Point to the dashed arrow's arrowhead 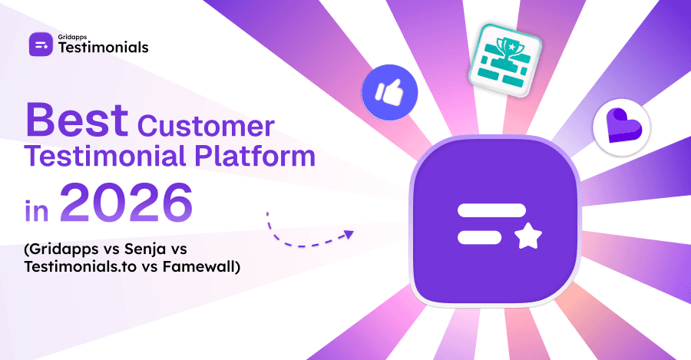pyautogui.click(x=349, y=234)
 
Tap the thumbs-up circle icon pyautogui.click(x=389, y=93)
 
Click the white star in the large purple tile pyautogui.click(x=527, y=237)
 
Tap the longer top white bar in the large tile pyautogui.click(x=491, y=210)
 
